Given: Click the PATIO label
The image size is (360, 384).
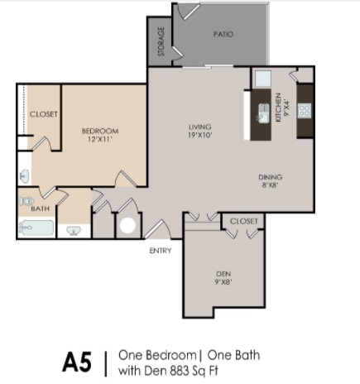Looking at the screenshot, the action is pyautogui.click(x=223, y=34).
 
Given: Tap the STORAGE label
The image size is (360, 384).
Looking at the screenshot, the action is pyautogui.click(x=161, y=41).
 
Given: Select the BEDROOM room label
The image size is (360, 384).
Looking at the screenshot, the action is pyautogui.click(x=100, y=131).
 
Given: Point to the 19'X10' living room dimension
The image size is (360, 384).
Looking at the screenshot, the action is pyautogui.click(x=200, y=135).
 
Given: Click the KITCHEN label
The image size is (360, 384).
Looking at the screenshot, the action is pyautogui.click(x=279, y=108).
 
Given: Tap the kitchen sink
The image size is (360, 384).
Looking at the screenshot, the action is pyautogui.click(x=264, y=113).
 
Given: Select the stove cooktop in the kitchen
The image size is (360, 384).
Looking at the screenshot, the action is pyautogui.click(x=305, y=111).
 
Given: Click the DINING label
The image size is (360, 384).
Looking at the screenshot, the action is pyautogui.click(x=271, y=177).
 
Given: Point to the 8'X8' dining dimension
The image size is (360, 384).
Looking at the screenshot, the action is pyautogui.click(x=270, y=185).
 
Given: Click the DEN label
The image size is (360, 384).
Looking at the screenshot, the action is pyautogui.click(x=223, y=274).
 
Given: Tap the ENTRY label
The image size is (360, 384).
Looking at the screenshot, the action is pyautogui.click(x=161, y=251).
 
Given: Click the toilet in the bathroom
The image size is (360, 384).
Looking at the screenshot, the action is pyautogui.click(x=26, y=201).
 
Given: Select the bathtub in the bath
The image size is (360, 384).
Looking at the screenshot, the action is pyautogui.click(x=36, y=228).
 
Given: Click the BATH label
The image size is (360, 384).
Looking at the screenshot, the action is pyautogui.click(x=41, y=209).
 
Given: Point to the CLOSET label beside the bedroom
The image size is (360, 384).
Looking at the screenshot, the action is pyautogui.click(x=44, y=114).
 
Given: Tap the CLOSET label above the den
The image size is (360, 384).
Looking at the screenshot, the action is pyautogui.click(x=244, y=221).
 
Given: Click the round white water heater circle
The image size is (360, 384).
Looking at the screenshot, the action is pyautogui.click(x=127, y=225).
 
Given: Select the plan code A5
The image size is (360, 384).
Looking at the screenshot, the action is pyautogui.click(x=77, y=362).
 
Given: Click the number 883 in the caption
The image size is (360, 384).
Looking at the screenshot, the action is pyautogui.click(x=180, y=371).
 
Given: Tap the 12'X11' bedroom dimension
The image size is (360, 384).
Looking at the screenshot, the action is pyautogui.click(x=100, y=139).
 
